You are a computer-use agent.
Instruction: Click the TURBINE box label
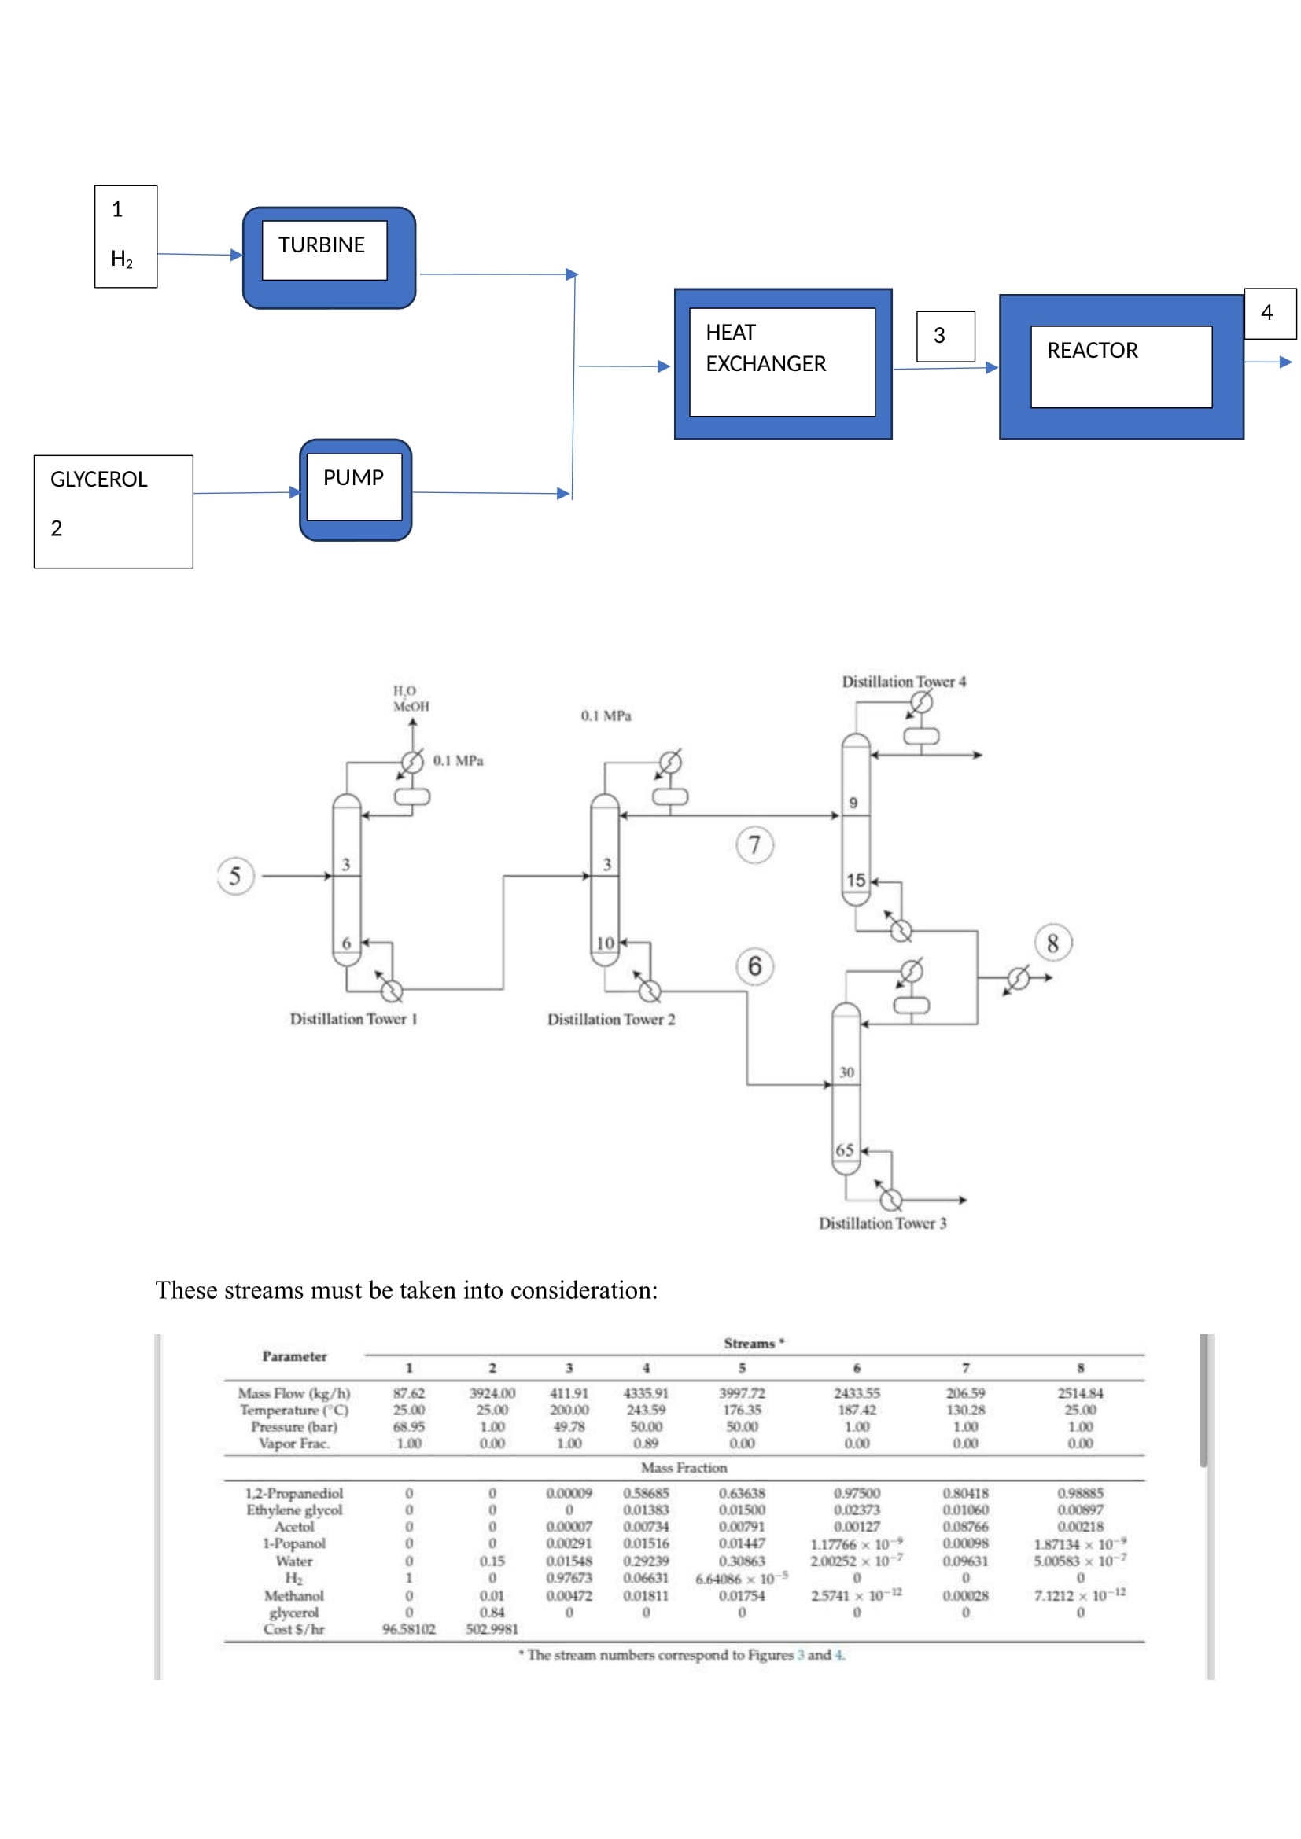[321, 245]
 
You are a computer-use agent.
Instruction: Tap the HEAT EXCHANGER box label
[765, 348]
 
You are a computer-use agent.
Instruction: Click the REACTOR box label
[1092, 351]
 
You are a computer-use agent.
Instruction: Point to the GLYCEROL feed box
[113, 511]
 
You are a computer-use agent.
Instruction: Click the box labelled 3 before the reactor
[945, 336]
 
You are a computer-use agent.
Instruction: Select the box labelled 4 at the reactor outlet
[1269, 313]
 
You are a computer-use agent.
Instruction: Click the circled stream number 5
[234, 876]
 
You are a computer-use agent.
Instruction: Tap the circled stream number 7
[754, 845]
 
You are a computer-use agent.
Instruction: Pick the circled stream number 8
[1052, 943]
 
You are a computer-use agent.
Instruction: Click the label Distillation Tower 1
[353, 1019]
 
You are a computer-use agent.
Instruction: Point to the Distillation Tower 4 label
[904, 682]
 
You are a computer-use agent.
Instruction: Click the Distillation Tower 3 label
[882, 1223]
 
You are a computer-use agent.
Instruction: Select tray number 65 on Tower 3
[844, 1150]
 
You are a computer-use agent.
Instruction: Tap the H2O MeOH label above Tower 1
[410, 698]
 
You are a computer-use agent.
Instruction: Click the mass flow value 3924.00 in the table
[492, 1394]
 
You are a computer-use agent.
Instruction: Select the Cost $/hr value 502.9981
[492, 1629]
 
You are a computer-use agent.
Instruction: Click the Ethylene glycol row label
[294, 1510]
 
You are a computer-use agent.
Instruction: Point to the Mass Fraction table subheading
[684, 1467]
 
